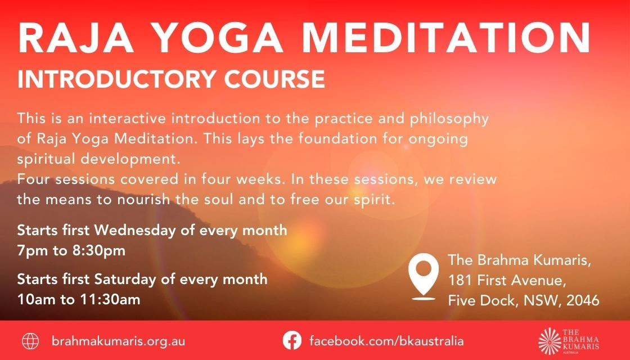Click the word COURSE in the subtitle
[274, 79]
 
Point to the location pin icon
[424, 276]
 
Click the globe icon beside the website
[30, 341]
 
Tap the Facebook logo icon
[292, 341]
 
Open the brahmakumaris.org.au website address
[118, 341]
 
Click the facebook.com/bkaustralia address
[386, 341]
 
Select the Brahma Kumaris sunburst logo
[549, 341]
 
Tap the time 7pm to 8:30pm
[71, 251]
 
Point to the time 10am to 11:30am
[79, 299]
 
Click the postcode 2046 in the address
[583, 300]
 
